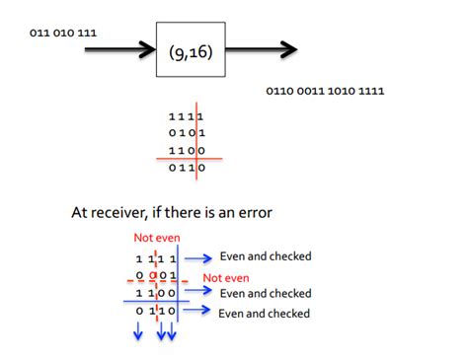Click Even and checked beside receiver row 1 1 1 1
[x=266, y=256]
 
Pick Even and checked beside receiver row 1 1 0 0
[x=266, y=293]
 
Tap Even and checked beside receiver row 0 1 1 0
[x=264, y=313]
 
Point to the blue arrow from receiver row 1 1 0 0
[x=200, y=293]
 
